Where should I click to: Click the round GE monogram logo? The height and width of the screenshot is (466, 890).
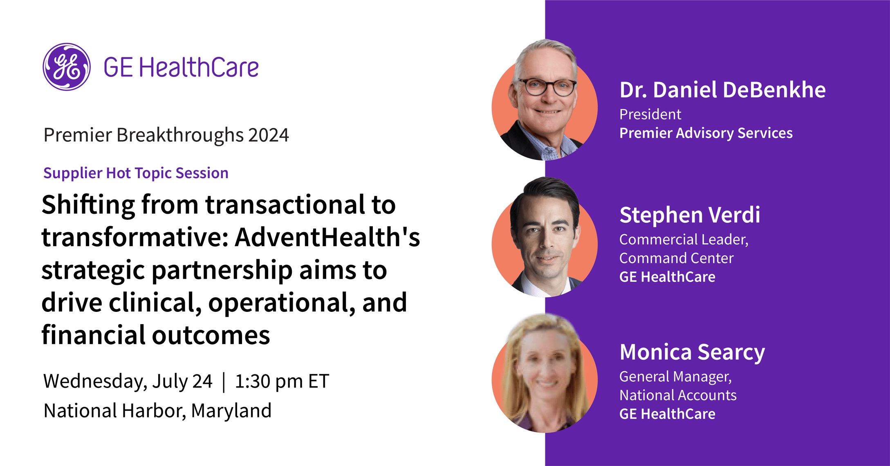click(x=67, y=67)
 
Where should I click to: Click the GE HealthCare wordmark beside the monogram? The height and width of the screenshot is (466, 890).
click(x=181, y=67)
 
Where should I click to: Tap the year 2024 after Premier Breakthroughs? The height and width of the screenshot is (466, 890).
click(x=269, y=135)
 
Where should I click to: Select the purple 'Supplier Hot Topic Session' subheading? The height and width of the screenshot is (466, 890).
click(x=136, y=173)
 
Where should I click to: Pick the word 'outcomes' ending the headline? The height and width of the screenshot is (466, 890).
click(x=211, y=335)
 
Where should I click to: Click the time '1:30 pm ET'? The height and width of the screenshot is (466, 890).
click(x=282, y=381)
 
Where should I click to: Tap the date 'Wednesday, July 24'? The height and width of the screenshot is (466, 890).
click(x=128, y=382)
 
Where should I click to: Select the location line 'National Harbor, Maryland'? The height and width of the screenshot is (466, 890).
click(x=157, y=411)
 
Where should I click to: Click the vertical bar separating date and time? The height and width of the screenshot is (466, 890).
click(x=224, y=382)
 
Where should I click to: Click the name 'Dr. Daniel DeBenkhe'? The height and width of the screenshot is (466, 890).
click(x=722, y=90)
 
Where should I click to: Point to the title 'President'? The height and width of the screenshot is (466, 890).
click(x=650, y=114)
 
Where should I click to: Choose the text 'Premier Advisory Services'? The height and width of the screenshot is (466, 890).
click(x=706, y=133)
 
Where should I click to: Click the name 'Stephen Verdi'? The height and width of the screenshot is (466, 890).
click(x=690, y=215)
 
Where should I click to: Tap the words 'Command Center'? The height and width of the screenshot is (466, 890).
click(x=676, y=258)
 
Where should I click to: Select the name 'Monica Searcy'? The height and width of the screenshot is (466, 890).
click(x=692, y=352)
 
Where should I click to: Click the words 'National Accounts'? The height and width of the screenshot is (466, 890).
click(x=678, y=395)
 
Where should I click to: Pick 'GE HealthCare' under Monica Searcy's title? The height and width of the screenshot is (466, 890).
click(x=667, y=414)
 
